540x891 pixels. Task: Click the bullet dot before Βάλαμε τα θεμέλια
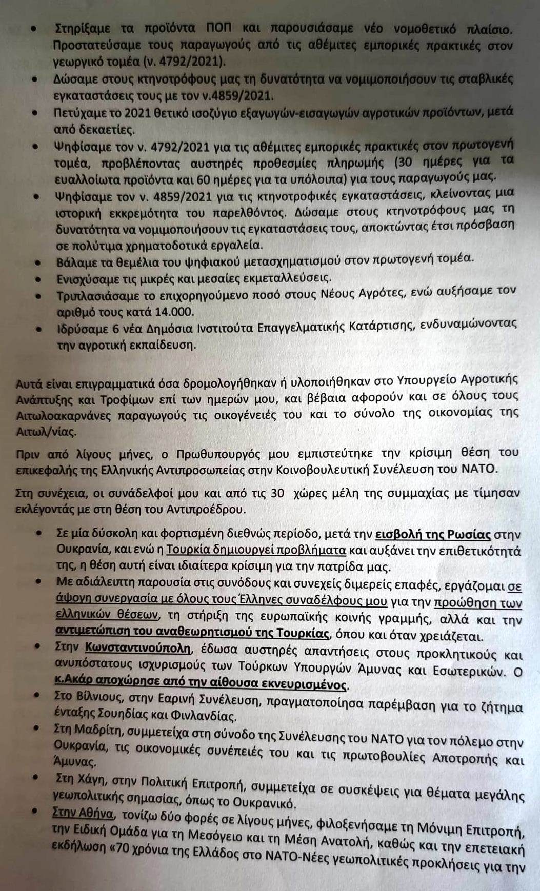(x=37, y=262)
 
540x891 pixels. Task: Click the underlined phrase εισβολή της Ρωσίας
(x=433, y=534)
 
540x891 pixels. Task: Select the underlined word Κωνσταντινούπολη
(x=138, y=647)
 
